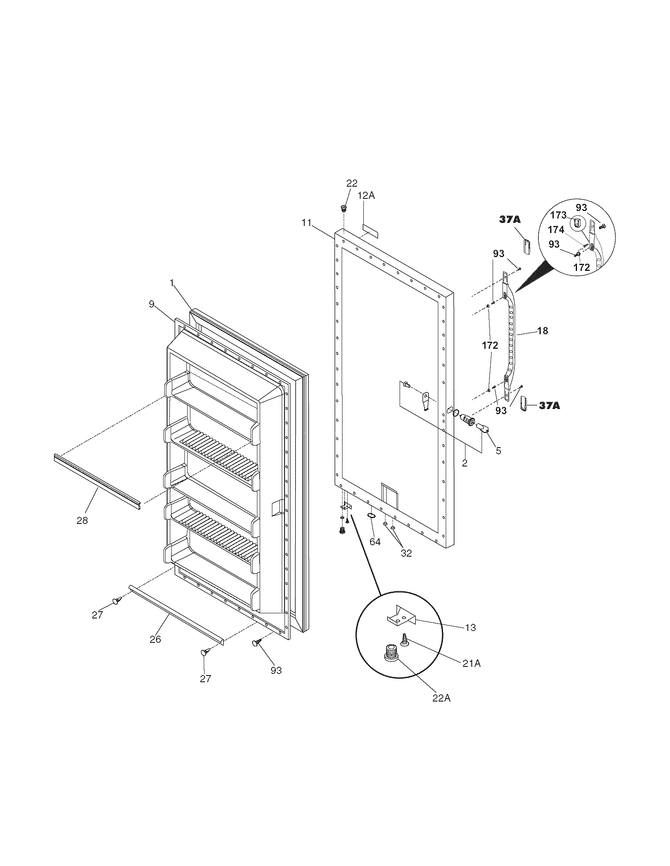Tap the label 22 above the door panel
(352, 183)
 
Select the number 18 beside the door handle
(542, 331)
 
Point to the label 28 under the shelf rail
(82, 521)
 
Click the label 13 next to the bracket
(470, 628)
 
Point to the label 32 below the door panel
(406, 553)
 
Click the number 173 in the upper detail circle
(558, 215)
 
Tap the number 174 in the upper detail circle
(556, 229)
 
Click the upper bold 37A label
(510, 220)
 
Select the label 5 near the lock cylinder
(498, 450)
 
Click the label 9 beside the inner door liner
(151, 304)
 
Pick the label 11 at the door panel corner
(306, 223)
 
